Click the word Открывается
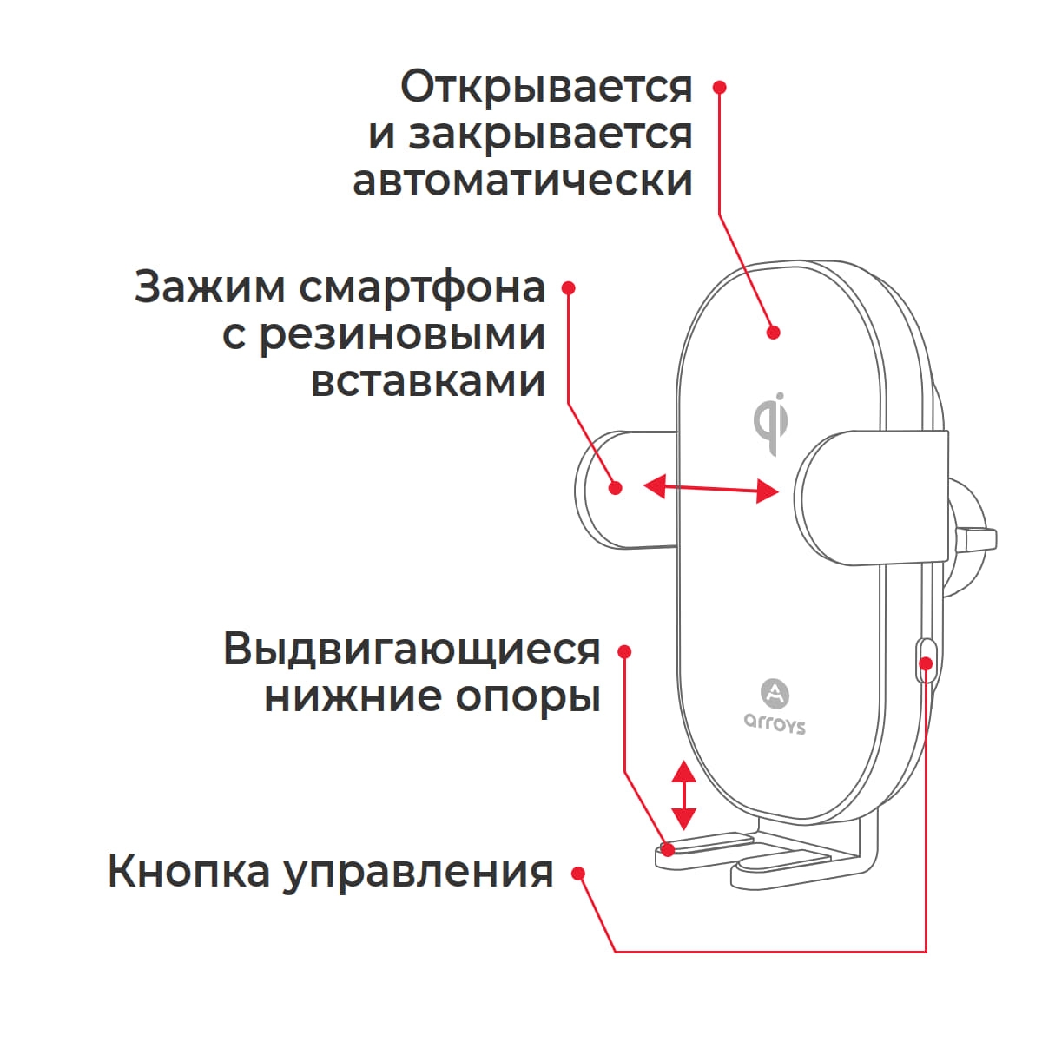coord(546,88)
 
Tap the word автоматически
coord(522,181)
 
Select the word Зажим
coord(209,287)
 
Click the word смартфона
coord(423,287)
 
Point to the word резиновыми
coord(403,335)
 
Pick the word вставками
coord(428,381)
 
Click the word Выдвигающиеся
coord(412,649)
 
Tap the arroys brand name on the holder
coord(775,723)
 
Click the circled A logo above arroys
coord(775,693)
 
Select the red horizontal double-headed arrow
coord(710,488)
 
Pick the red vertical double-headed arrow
coord(684,795)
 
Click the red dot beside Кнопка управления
coord(578,874)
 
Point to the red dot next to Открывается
coord(719,87)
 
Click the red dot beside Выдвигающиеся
coord(623,651)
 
